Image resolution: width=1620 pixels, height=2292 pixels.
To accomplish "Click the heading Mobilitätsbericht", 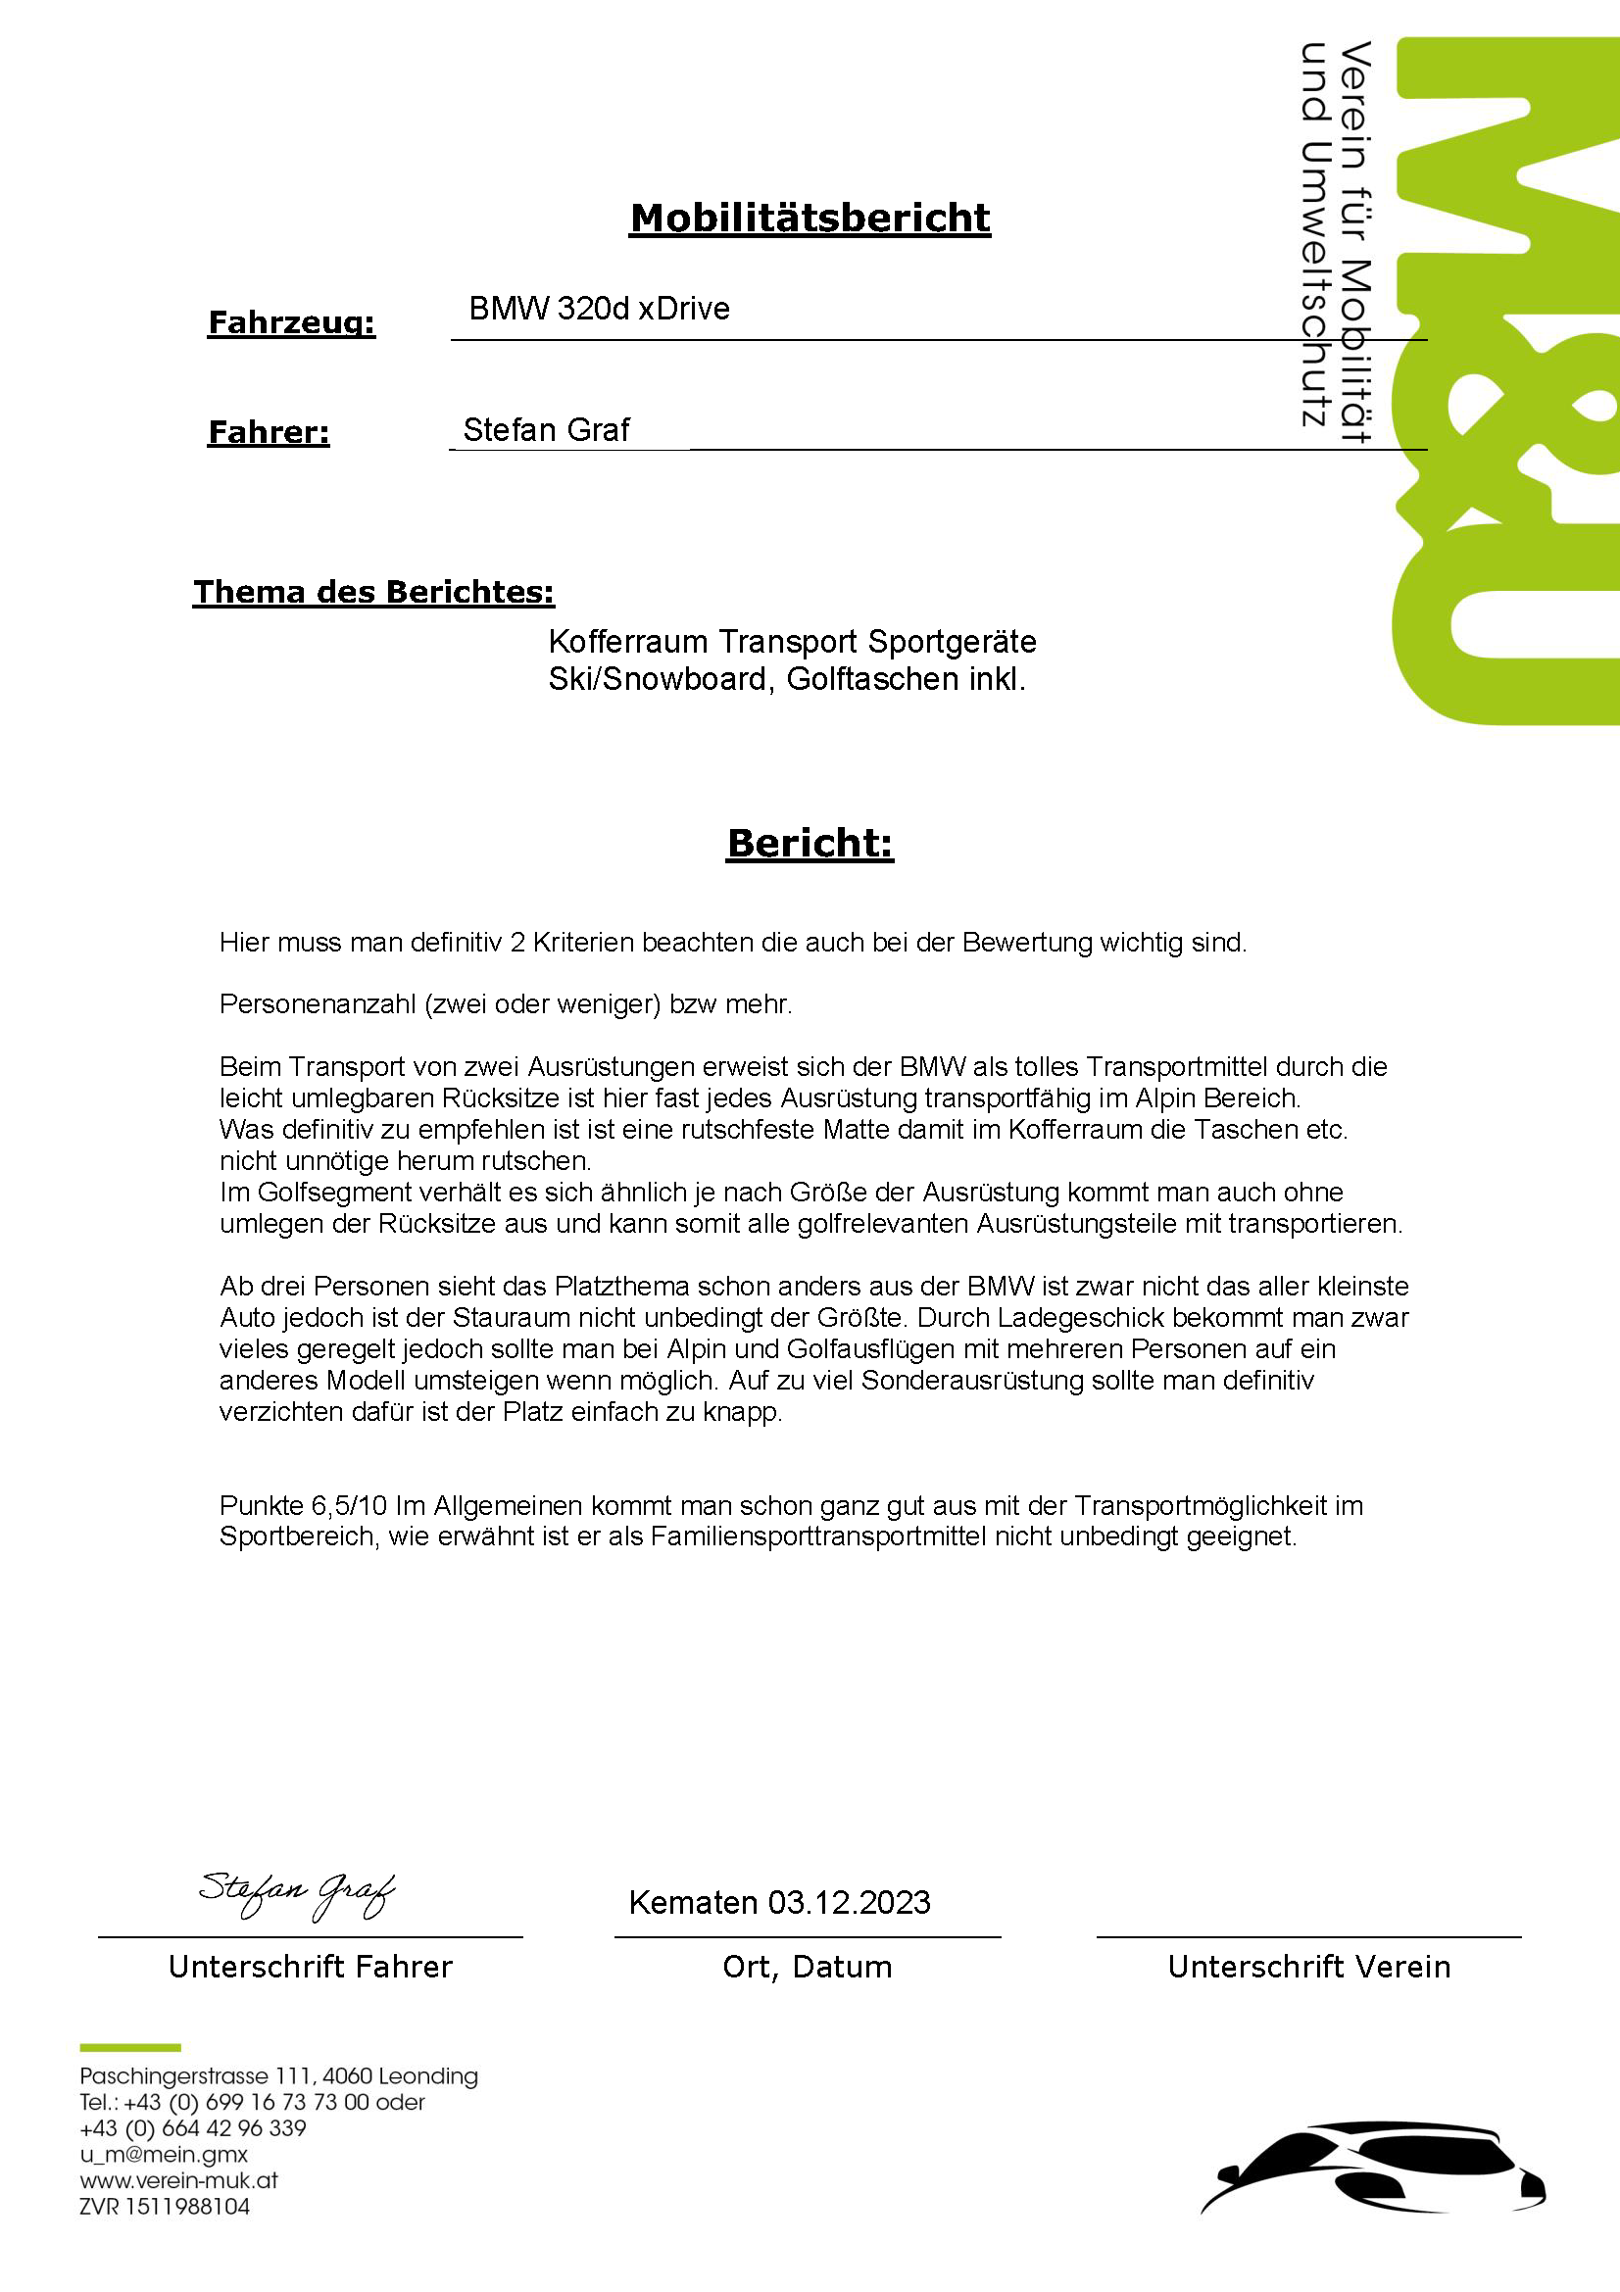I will (x=810, y=219).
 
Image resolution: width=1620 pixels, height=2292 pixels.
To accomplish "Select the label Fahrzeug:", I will (x=291, y=322).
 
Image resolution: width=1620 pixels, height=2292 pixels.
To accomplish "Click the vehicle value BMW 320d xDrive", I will (x=599, y=309).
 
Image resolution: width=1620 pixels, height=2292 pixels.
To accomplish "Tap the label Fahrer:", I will (x=269, y=432).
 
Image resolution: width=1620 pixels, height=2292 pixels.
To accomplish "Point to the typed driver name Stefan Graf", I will (x=546, y=430).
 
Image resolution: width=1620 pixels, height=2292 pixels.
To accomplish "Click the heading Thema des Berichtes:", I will (x=373, y=592).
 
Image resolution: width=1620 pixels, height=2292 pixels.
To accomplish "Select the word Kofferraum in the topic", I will (x=629, y=641).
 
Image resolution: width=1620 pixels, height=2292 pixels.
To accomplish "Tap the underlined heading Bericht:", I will (x=810, y=843).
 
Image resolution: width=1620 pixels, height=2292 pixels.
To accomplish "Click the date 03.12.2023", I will (x=849, y=1903).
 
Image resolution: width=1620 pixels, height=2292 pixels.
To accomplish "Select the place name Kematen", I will (x=693, y=1903).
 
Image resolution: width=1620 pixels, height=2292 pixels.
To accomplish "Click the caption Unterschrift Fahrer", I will (x=311, y=1968).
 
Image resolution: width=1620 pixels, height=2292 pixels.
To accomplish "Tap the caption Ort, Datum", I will (x=808, y=1968).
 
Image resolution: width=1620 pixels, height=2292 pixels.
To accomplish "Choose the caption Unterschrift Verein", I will (x=1308, y=1968).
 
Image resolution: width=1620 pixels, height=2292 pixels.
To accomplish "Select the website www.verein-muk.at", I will (x=178, y=2180).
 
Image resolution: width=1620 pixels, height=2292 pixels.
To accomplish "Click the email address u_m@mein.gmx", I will (x=164, y=2154).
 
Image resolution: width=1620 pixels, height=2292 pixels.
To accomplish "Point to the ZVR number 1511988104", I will (x=186, y=2206).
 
